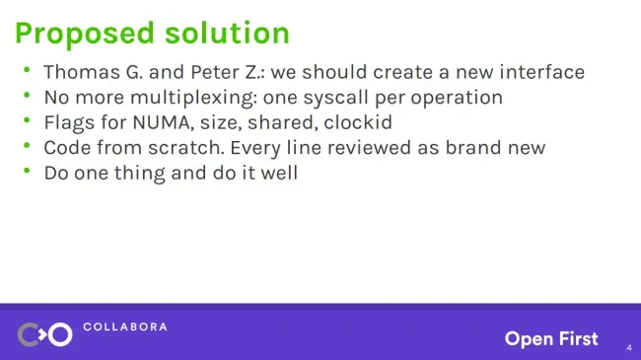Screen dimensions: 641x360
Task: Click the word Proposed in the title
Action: [85, 34]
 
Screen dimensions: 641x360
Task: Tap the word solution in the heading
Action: [227, 33]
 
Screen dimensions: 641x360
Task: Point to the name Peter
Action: [215, 73]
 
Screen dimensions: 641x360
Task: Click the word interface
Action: [542, 72]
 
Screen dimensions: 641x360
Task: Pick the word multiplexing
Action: [193, 99]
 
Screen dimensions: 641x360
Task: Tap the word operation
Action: [457, 99]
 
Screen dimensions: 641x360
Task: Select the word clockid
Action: [358, 122]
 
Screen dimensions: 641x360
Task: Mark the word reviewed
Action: [369, 148]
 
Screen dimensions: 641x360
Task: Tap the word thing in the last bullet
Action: [139, 174]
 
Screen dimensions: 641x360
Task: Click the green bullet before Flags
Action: [27, 120]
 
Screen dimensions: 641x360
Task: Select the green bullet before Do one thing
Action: [27, 171]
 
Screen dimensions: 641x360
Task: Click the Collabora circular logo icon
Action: [45, 334]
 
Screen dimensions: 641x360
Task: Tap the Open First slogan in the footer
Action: [551, 338]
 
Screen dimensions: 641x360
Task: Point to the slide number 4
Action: [629, 348]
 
